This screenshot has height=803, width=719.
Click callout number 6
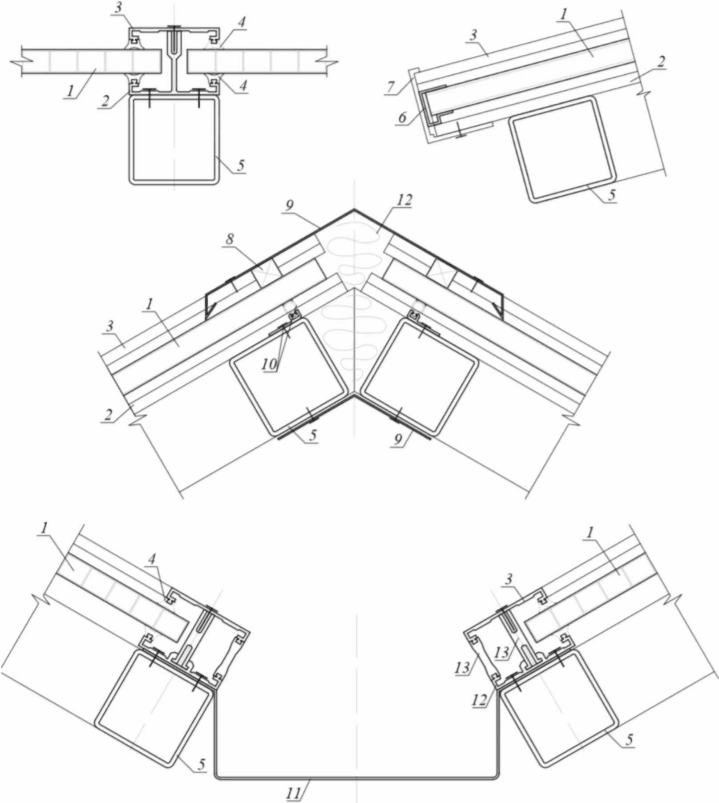(x=402, y=117)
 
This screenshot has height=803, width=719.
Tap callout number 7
(x=391, y=86)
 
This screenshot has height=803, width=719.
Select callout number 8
(x=230, y=239)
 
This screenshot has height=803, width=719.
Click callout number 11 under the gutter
(x=294, y=792)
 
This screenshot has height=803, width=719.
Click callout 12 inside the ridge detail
(x=405, y=200)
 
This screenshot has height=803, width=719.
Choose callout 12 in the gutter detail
(x=480, y=699)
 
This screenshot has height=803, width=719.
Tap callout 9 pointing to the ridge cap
(x=289, y=206)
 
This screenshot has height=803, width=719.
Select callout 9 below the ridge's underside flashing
(x=398, y=439)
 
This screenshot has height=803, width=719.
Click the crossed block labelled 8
(x=266, y=271)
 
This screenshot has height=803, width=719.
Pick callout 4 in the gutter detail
(x=152, y=559)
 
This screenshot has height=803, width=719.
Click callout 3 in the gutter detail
(x=509, y=579)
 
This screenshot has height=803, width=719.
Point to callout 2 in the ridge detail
(x=108, y=415)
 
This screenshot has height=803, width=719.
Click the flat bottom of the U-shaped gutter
(x=356, y=777)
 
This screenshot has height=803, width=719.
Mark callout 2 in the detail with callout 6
(x=661, y=61)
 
